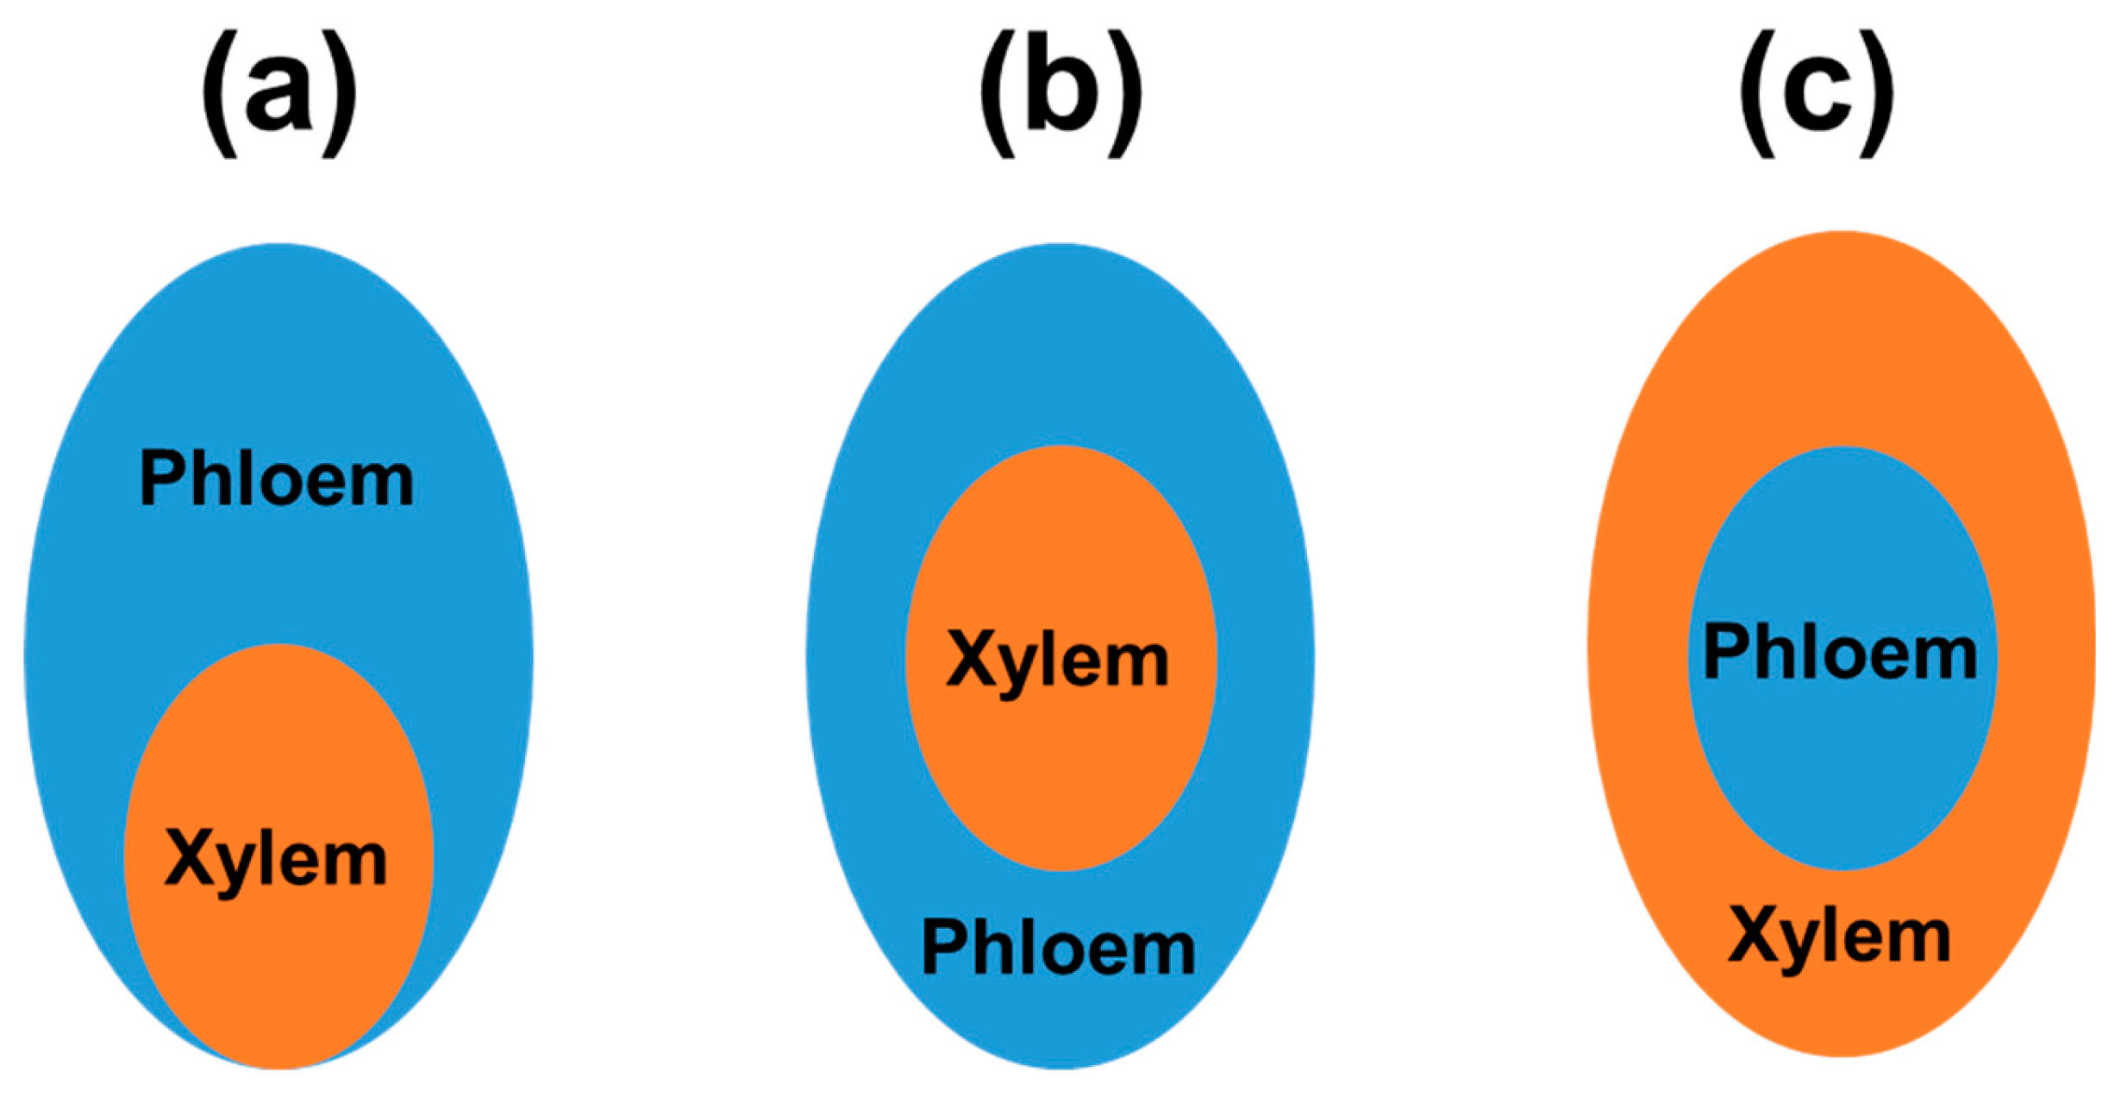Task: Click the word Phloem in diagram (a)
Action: coord(277,479)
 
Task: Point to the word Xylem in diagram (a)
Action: coord(277,860)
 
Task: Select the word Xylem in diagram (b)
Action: coord(1058,661)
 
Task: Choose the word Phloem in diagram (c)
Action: coord(1840,654)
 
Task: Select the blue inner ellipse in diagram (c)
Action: coord(1842,759)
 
